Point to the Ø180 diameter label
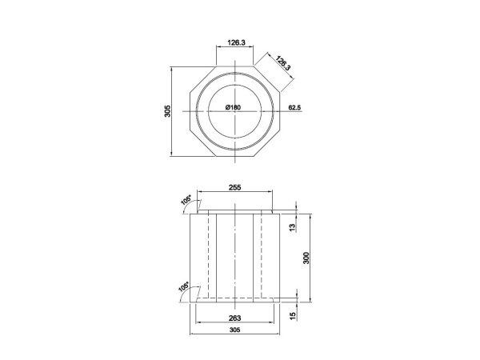(233, 107)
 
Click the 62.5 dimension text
(294, 106)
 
